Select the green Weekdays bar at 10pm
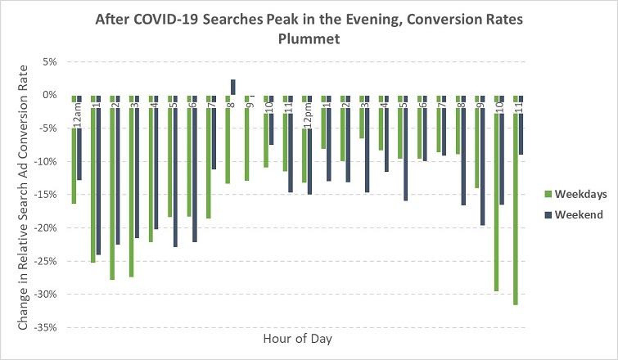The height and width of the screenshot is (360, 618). (x=495, y=205)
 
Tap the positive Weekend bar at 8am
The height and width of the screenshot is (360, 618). (x=232, y=87)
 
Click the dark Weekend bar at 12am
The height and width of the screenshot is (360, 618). (x=79, y=155)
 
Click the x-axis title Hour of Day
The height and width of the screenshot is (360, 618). (x=297, y=338)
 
